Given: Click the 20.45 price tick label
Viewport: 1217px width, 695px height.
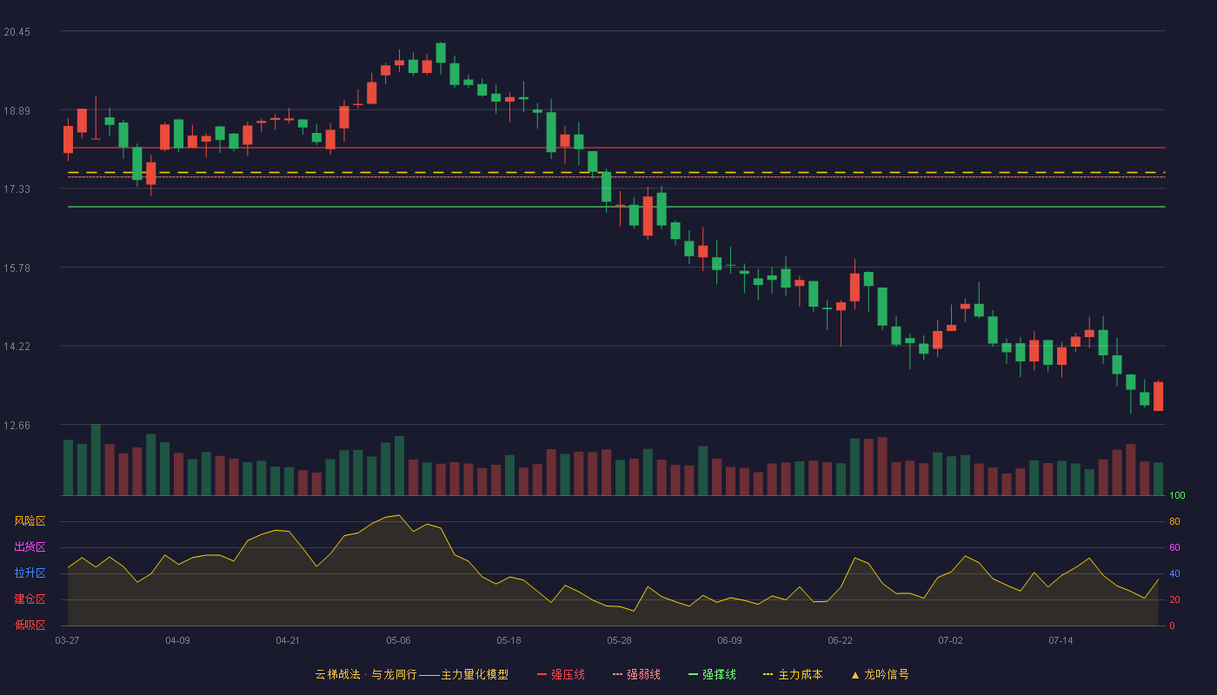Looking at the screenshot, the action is click(x=17, y=32).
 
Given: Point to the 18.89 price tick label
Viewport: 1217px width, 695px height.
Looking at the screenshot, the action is click(x=17, y=111).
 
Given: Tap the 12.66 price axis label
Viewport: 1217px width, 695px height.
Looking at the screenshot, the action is click(x=17, y=425).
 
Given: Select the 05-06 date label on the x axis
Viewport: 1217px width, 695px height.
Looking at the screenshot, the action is click(x=398, y=641).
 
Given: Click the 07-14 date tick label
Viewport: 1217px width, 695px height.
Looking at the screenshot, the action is click(x=1061, y=641).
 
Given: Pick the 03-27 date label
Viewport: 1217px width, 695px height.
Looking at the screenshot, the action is click(x=68, y=641).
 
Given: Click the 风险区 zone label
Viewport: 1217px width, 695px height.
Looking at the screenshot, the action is click(x=30, y=520).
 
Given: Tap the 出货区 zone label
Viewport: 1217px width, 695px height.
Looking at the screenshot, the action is click(x=30, y=546).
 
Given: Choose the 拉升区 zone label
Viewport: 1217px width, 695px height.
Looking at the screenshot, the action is click(x=30, y=573).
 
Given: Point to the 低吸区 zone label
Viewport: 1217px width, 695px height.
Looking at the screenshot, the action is click(x=30, y=625).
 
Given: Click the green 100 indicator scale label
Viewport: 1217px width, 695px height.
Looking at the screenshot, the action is click(x=1177, y=495).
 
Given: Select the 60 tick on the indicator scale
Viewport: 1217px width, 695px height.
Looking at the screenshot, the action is click(x=1174, y=547).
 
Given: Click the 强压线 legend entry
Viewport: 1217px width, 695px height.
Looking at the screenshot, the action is click(x=561, y=674).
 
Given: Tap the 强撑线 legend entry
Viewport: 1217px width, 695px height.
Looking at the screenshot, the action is click(x=712, y=674).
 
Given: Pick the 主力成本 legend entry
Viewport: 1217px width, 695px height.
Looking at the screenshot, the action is click(x=793, y=674).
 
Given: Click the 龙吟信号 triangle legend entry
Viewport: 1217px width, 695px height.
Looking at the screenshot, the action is click(x=880, y=674).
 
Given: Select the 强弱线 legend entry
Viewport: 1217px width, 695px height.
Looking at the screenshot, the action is click(x=636, y=674).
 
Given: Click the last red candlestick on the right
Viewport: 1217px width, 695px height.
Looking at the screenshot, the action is click(x=1158, y=396).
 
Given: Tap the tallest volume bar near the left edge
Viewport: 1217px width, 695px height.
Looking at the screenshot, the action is click(x=96, y=460).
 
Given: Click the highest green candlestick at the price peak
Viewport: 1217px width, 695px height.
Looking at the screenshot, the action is click(x=441, y=53).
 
